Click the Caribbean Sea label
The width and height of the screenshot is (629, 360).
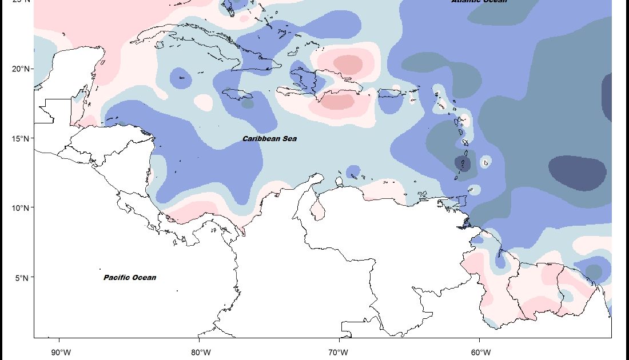point(269,139)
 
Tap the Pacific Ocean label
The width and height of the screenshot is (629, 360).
point(130,278)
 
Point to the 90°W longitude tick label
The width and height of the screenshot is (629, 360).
point(61,351)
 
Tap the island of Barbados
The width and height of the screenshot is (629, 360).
point(486,162)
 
